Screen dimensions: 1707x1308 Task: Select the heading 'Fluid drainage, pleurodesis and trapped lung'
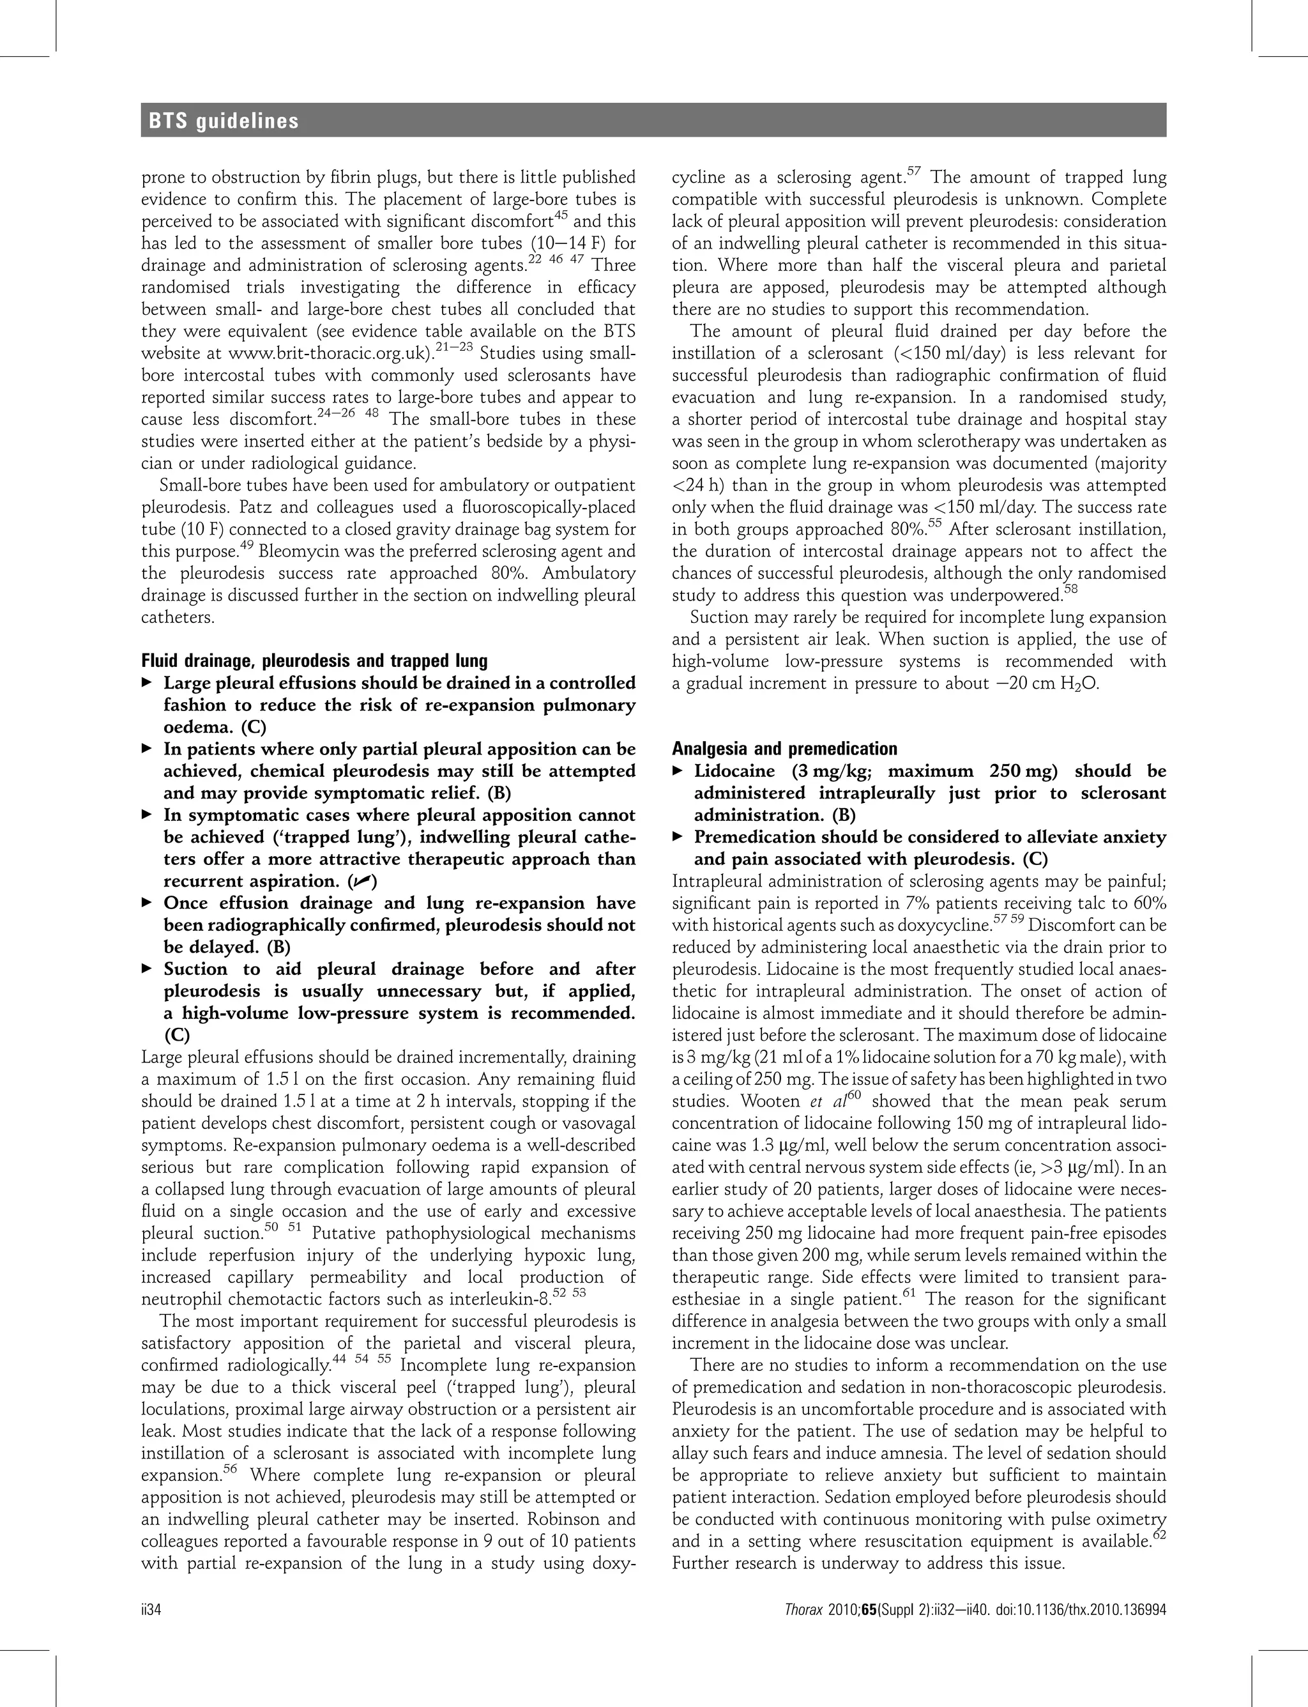[x=314, y=661]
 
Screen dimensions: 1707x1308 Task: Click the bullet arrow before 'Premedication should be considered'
[x=678, y=837]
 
